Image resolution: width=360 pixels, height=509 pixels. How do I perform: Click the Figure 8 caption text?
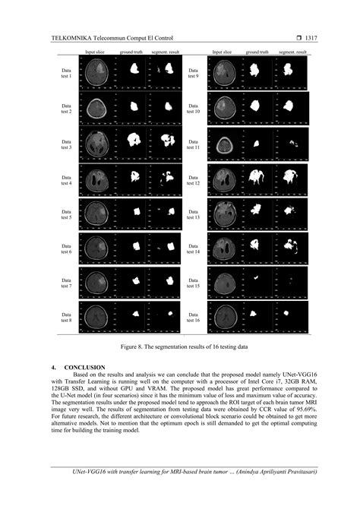coord(179,347)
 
